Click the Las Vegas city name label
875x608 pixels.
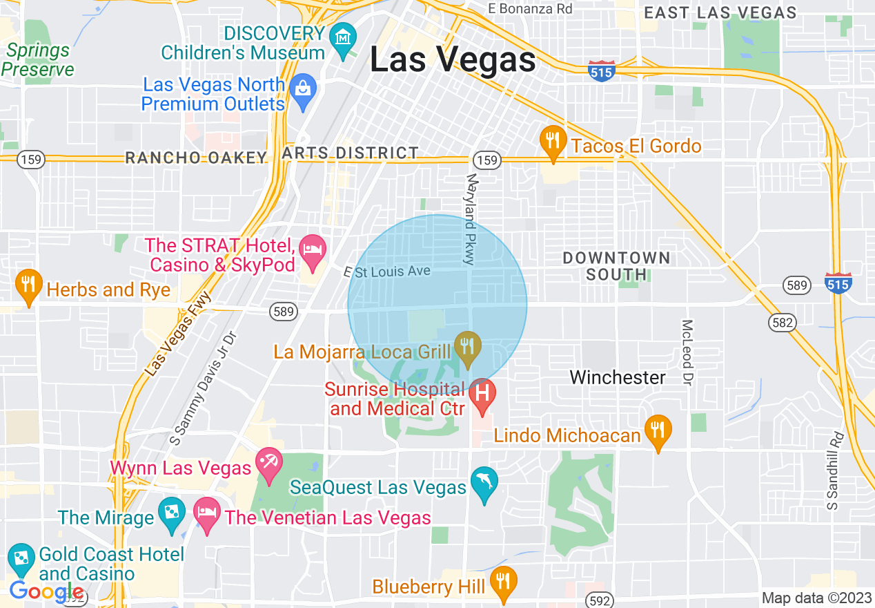click(453, 59)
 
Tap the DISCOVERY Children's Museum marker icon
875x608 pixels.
click(342, 37)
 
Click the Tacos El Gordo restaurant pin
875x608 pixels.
click(552, 141)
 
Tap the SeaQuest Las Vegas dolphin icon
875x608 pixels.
click(484, 483)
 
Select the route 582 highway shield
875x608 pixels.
click(784, 322)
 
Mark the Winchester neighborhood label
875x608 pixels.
click(618, 377)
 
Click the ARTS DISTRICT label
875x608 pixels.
click(351, 153)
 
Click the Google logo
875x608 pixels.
click(46, 592)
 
